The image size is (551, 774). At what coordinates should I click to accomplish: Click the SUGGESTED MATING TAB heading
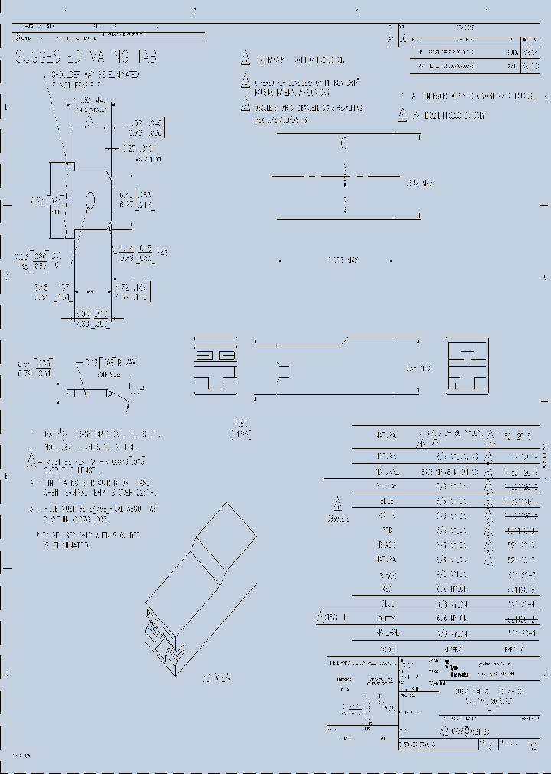(86, 57)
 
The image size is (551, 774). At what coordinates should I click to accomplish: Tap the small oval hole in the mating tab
(90, 200)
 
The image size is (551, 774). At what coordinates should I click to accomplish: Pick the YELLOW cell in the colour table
(386, 486)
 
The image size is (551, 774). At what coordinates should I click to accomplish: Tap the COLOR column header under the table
(386, 649)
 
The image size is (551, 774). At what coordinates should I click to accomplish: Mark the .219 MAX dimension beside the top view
(419, 184)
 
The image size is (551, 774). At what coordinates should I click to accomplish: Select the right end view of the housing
(468, 366)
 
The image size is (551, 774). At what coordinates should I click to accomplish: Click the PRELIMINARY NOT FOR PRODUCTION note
(298, 60)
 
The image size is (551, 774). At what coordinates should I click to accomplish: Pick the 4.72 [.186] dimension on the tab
(132, 290)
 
